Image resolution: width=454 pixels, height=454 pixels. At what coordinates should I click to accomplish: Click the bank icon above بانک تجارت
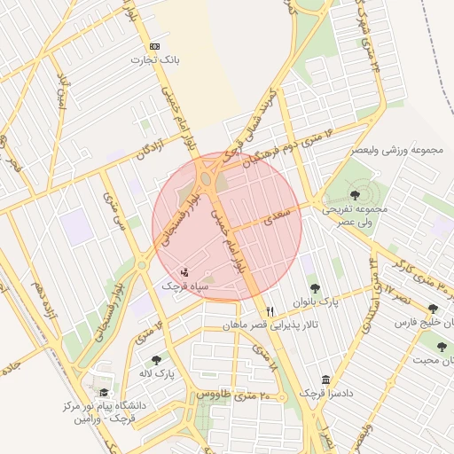coord(155,46)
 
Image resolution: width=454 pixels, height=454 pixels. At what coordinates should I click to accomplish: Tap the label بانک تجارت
coord(155,60)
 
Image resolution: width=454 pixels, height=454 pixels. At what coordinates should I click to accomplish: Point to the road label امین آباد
coord(62,93)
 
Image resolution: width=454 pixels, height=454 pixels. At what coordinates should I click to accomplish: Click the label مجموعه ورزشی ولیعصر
coord(396,151)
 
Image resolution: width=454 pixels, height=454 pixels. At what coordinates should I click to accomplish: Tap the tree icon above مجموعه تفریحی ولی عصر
coord(356,194)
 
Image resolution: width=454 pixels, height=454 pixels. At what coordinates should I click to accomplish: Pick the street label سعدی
coord(263,217)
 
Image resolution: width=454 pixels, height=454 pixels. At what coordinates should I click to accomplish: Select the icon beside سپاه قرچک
coord(184,271)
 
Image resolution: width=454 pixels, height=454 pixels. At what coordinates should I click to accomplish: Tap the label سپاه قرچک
coord(184,286)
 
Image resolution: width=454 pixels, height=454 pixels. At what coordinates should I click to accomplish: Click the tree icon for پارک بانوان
coord(314,288)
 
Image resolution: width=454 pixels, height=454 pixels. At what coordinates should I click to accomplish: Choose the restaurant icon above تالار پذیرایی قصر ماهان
coord(270,311)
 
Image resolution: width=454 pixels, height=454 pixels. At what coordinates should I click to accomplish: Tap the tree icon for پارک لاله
coord(156,360)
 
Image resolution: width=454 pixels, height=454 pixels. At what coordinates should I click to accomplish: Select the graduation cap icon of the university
coord(105,392)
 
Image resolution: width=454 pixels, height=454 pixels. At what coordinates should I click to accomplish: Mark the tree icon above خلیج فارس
coord(433,309)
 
